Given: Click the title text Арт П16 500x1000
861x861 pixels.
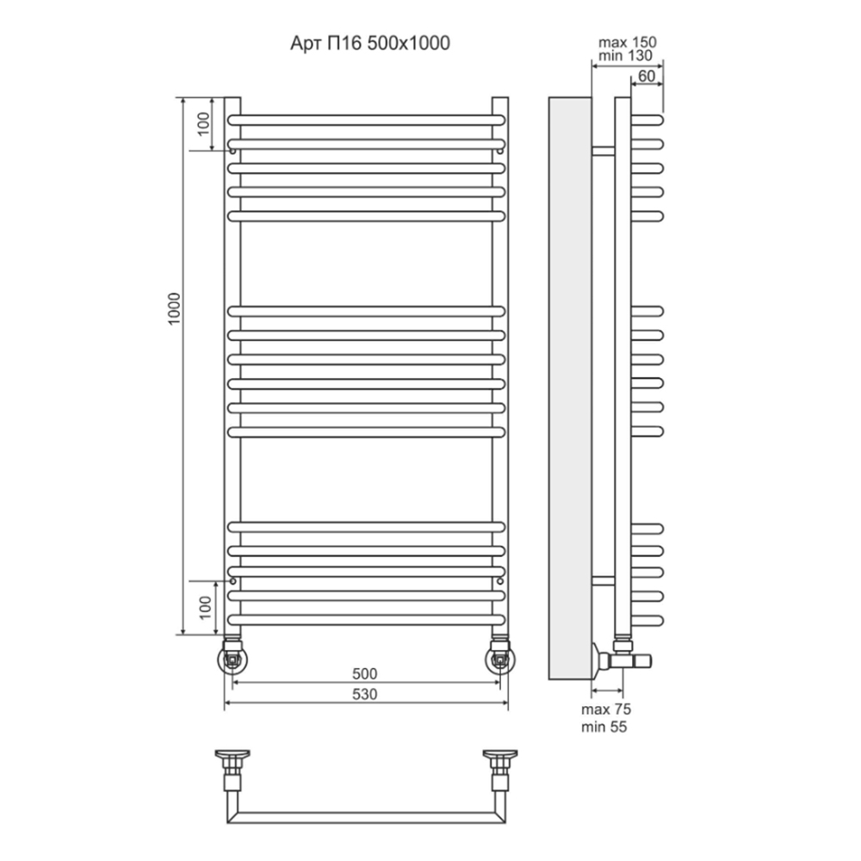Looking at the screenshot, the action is [370, 43].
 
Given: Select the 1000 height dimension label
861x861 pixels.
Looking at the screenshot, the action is [174, 308].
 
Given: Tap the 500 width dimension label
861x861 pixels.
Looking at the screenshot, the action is [364, 673].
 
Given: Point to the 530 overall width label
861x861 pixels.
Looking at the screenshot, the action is [364, 694].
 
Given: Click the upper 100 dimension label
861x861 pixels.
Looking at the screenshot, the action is [203, 123].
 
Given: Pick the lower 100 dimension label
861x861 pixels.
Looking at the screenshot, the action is [205, 608].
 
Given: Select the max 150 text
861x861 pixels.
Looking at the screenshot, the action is [627, 42].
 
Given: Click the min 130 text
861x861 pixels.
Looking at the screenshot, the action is [625, 55].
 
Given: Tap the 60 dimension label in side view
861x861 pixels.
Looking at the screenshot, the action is [647, 76].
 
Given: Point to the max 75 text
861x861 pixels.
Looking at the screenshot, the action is [606, 709].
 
